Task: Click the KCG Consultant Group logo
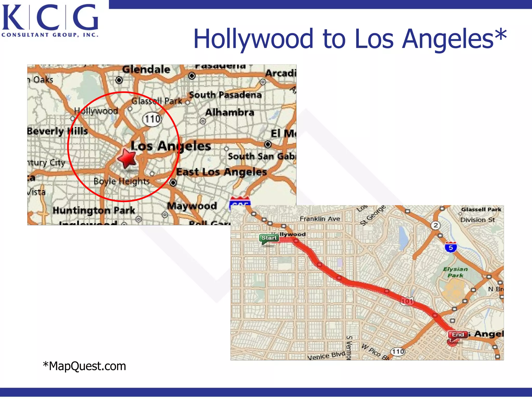pos(50,20)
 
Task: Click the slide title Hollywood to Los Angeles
pos(350,39)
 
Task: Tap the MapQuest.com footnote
pos(84,366)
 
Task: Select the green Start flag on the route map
pos(269,238)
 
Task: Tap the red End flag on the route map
pos(457,335)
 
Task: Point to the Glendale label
pos(146,69)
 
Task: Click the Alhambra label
pos(230,112)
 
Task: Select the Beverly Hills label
pos(57,131)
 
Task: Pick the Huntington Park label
pos(94,210)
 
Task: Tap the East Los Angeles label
pos(222,172)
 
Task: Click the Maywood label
pos(192,206)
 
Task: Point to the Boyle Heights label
pos(122,181)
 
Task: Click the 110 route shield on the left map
pos(152,119)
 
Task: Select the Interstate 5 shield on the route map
pos(451,247)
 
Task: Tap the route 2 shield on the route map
pos(436,225)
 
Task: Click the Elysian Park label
pos(455,272)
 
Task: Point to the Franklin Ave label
pos(320,219)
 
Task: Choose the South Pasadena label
pos(225,95)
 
